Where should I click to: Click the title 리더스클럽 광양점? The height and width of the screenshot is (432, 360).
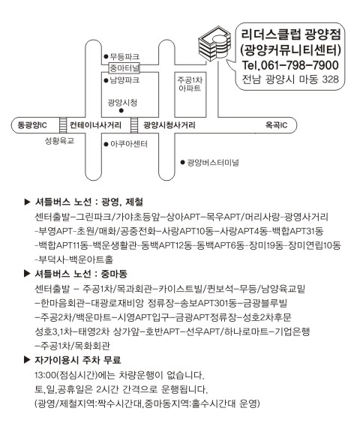291,34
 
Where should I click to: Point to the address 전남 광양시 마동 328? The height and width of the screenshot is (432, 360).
290,79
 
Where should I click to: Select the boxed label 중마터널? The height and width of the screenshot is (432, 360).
124,67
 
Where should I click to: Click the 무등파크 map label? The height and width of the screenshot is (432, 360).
124,56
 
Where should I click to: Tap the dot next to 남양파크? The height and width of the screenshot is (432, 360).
106,80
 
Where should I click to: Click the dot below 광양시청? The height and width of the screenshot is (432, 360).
121,111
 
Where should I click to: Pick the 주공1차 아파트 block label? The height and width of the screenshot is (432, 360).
190,84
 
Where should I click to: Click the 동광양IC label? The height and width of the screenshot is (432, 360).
32,125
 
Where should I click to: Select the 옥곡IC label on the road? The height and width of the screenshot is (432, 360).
276,125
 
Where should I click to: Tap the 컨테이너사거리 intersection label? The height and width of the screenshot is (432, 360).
95,125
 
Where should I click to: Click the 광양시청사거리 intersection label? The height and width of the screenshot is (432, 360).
169,125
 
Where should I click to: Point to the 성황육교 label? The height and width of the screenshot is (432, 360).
59,141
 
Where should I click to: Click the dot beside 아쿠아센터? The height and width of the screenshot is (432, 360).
106,144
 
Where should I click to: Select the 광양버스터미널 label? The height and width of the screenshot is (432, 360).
213,163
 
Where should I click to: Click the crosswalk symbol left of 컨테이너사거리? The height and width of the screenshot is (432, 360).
63,125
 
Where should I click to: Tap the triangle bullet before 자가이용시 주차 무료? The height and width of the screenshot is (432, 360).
27,360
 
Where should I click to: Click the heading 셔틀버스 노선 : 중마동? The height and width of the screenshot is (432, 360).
81,274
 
